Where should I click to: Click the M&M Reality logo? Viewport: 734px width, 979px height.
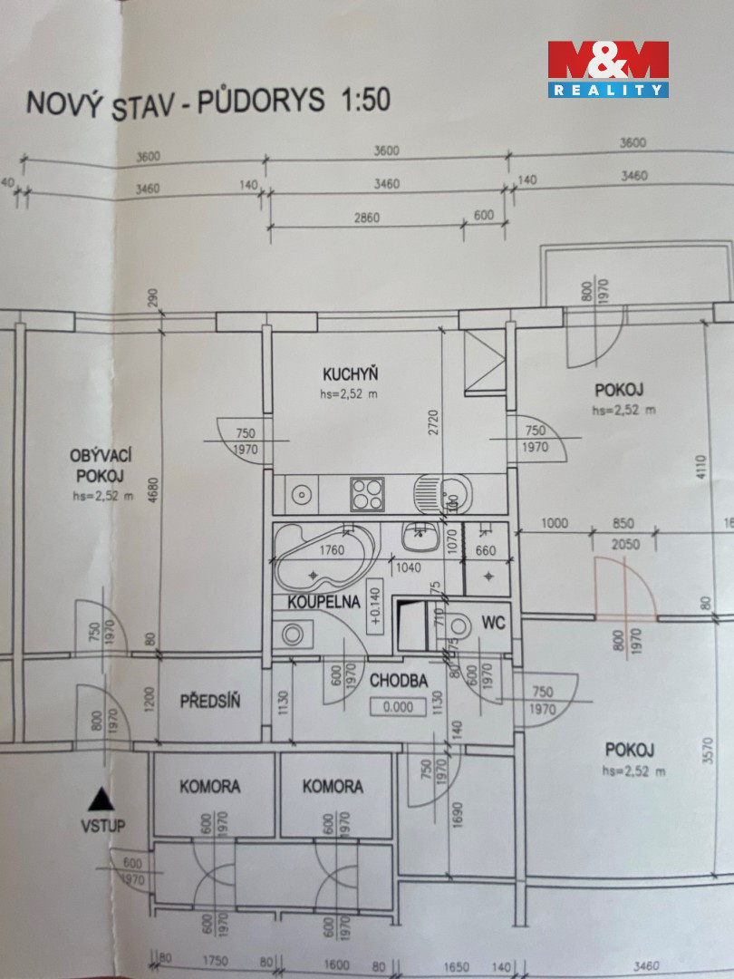coord(607,68)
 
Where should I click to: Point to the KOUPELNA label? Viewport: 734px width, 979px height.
coord(324,601)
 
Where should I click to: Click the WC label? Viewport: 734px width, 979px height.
coord(493,623)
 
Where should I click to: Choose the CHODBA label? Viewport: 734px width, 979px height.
coord(398,682)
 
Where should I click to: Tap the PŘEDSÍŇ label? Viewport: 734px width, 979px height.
coord(209,700)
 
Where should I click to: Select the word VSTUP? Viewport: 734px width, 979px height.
coord(101,825)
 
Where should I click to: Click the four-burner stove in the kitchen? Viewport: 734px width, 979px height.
coord(367,494)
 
